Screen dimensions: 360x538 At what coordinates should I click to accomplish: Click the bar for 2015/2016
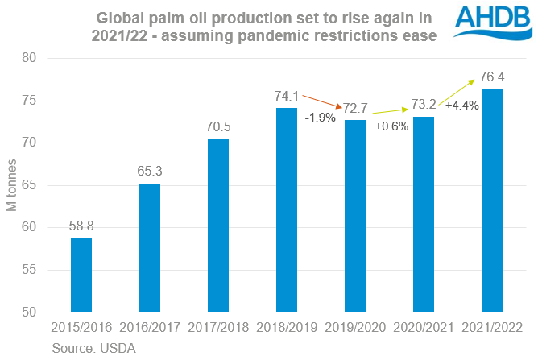[x=81, y=274]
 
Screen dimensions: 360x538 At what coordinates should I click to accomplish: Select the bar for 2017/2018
[x=218, y=225]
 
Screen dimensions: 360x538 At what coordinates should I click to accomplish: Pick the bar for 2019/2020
[x=355, y=215]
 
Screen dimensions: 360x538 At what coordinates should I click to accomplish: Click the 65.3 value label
[x=150, y=172]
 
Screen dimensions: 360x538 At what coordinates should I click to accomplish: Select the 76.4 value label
[x=492, y=78]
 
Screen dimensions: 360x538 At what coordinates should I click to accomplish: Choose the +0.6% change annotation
[x=392, y=126]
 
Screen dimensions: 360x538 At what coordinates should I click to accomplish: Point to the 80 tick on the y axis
[x=30, y=58]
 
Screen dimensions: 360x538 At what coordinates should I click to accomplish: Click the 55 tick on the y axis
[x=30, y=270]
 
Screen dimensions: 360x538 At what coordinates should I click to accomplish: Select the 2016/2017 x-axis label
[x=150, y=327]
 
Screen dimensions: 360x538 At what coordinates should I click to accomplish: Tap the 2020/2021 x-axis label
[x=424, y=327]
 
